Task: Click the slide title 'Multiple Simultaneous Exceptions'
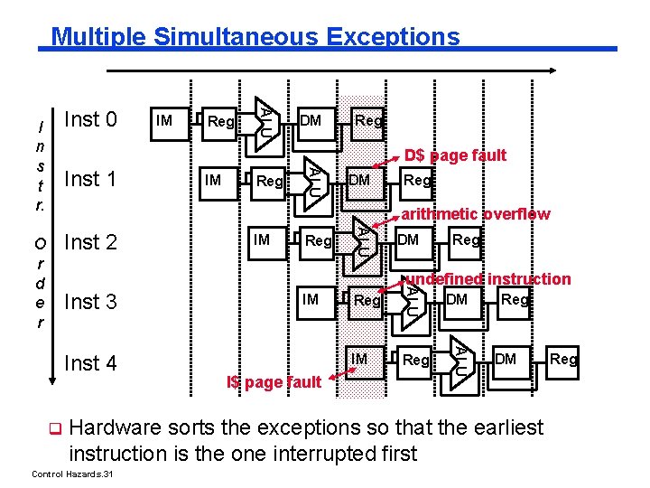(255, 37)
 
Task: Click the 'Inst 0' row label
(91, 119)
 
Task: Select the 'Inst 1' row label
(91, 179)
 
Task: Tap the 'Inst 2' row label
(91, 241)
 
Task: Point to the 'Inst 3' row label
(91, 301)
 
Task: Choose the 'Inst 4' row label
(91, 362)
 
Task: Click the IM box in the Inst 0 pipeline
(164, 119)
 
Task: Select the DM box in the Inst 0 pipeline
(311, 120)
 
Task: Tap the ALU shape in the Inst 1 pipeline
(312, 178)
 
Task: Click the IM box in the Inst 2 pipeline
(262, 239)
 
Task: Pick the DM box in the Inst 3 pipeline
(458, 299)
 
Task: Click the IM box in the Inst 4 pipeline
(359, 360)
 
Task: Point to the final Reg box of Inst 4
(564, 360)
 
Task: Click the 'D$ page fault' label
(455, 155)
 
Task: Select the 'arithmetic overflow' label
(475, 214)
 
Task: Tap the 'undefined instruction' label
(487, 278)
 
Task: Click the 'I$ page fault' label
(273, 382)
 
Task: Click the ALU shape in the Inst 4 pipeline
(461, 358)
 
